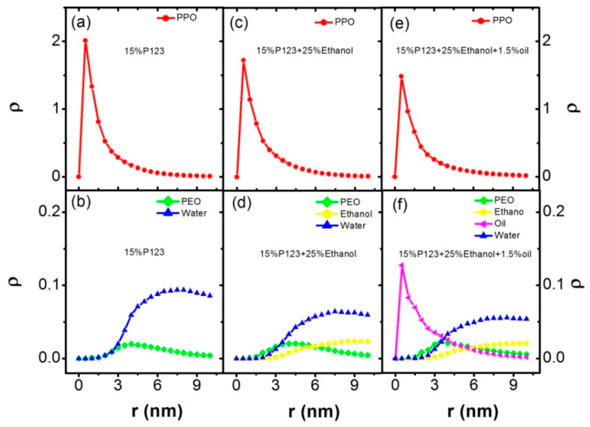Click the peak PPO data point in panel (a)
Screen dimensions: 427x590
pyautogui.click(x=85, y=41)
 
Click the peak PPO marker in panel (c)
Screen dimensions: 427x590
pyautogui.click(x=243, y=60)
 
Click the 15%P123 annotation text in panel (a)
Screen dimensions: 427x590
pyautogui.click(x=144, y=51)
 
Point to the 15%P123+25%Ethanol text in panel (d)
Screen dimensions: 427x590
pyautogui.click(x=308, y=254)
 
